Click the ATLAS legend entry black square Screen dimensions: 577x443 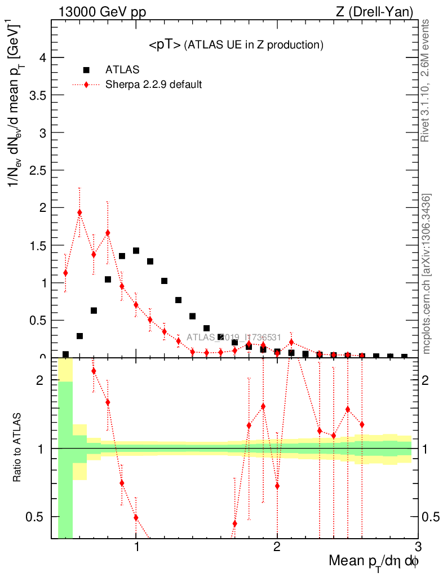coord(86,70)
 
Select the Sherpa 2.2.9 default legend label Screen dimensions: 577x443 coord(154,85)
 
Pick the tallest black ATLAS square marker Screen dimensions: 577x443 coord(136,251)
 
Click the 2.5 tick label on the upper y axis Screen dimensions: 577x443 coord(38,170)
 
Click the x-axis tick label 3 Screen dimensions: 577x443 coord(418,547)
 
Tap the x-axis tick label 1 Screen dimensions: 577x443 coord(136,547)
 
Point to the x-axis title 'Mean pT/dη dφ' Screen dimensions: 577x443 coord(374,562)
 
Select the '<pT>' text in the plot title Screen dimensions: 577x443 coord(165,46)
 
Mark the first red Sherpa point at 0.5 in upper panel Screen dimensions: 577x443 coord(65,273)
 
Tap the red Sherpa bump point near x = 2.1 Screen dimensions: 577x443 coord(291,342)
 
